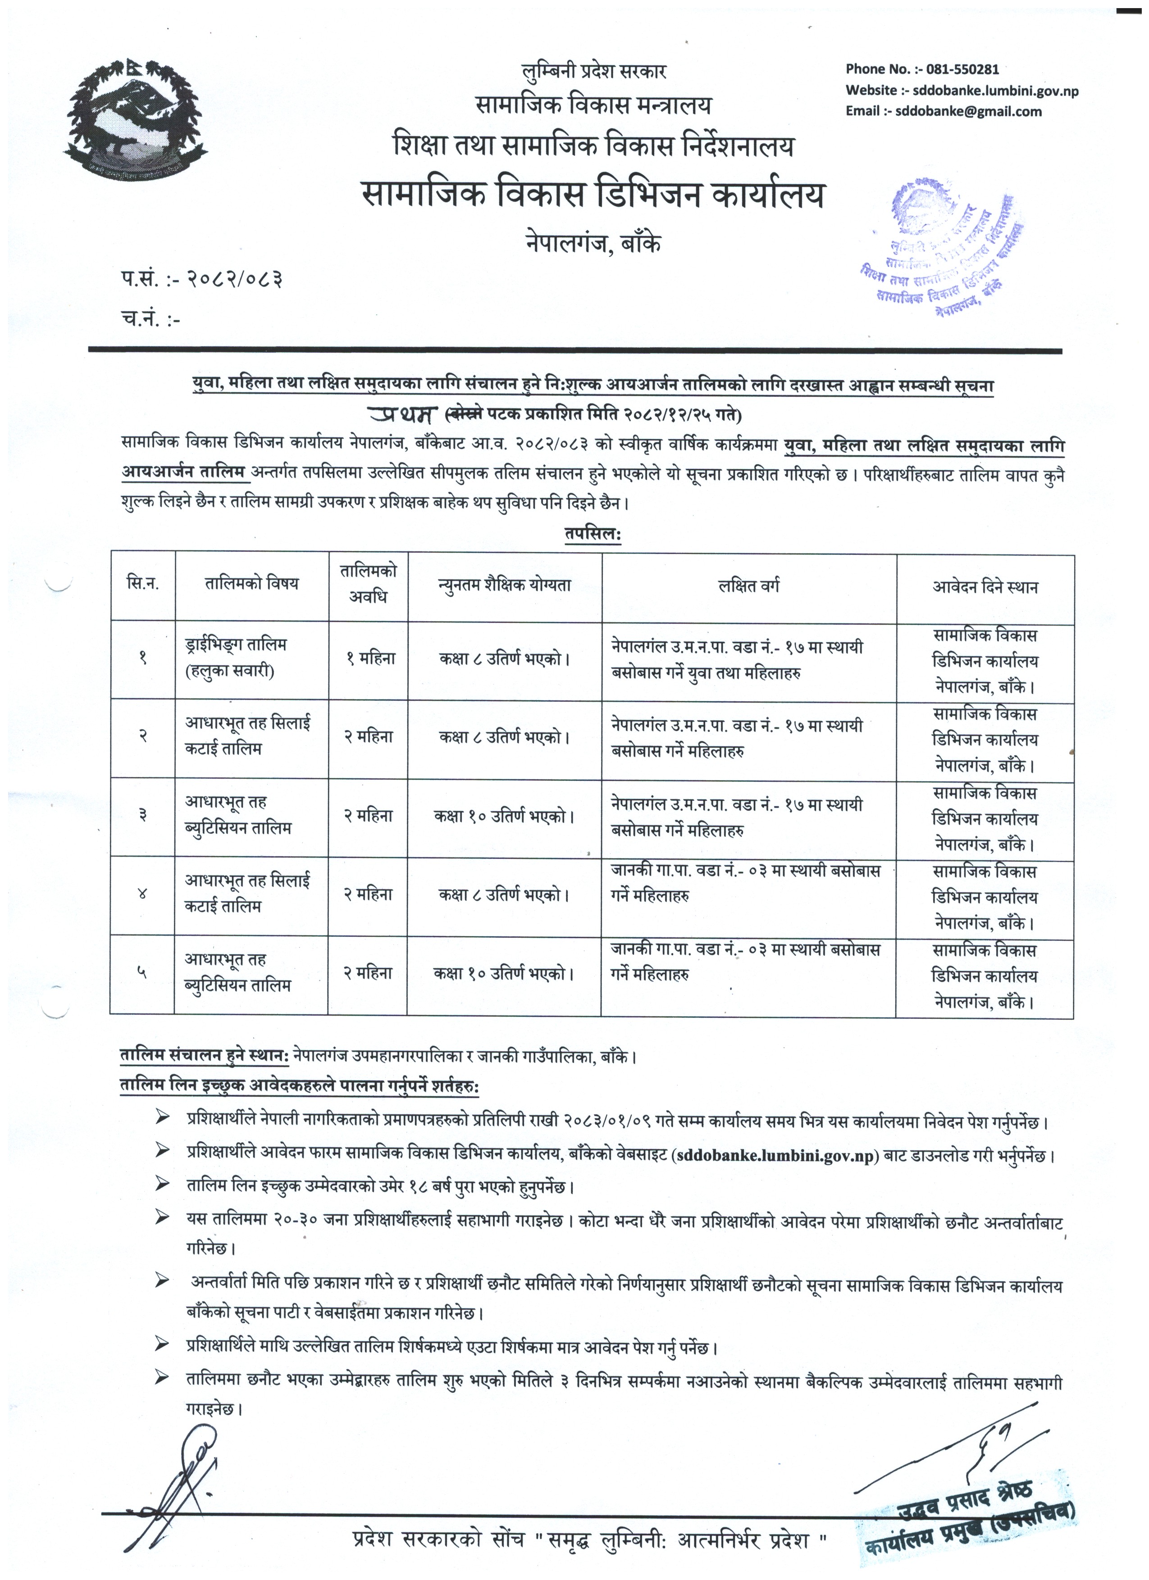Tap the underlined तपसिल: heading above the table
click(x=592, y=534)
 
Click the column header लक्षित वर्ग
click(x=749, y=586)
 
